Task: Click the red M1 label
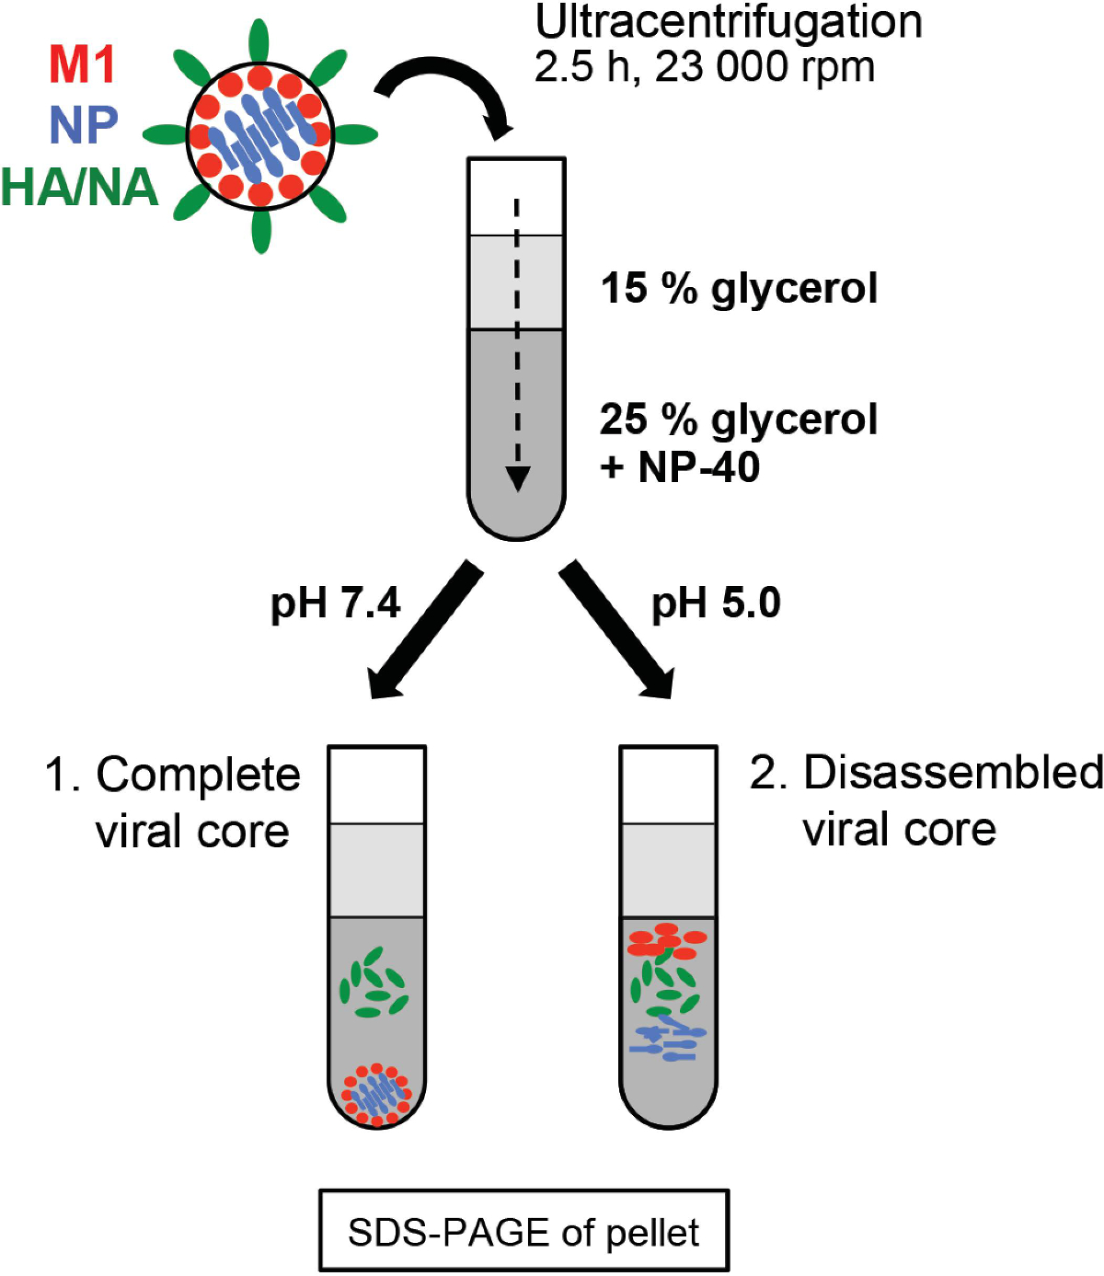82,64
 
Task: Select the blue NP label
84,125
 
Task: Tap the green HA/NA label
80,187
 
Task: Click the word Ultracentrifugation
728,22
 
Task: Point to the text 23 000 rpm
765,66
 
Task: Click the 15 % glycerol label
739,290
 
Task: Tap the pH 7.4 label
335,604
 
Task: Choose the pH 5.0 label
717,604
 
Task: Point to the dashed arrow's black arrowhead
517,478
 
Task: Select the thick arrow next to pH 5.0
615,629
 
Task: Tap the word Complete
198,776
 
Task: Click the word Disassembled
953,773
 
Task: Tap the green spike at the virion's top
259,40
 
